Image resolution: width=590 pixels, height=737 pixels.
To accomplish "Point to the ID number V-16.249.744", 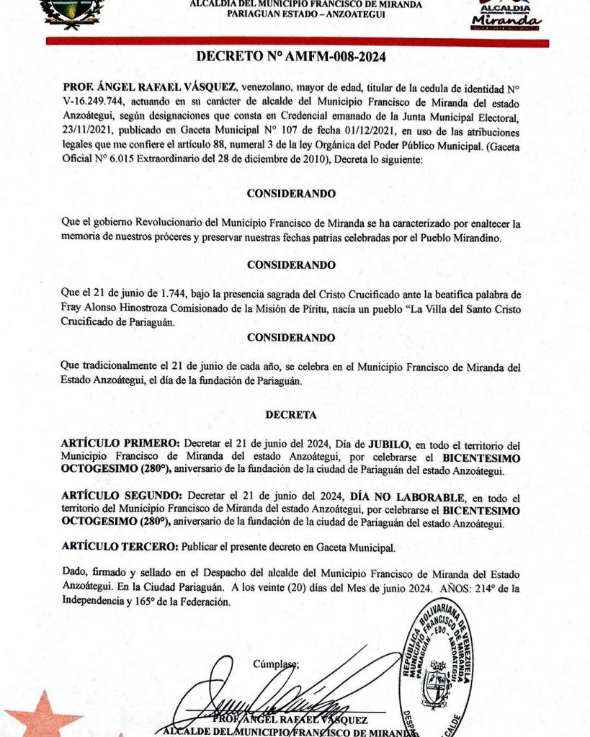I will [x=94, y=102].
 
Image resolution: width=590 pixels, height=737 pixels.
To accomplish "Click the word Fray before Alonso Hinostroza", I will [x=73, y=309].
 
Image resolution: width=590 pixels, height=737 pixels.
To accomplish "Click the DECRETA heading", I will [x=290, y=415].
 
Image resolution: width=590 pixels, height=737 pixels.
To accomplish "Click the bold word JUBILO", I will [x=389, y=442].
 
